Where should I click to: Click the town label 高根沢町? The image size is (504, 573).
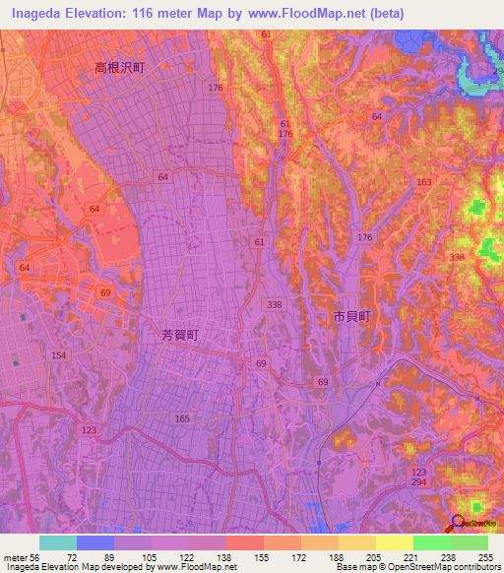point(119,68)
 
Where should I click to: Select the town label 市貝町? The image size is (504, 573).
point(351,316)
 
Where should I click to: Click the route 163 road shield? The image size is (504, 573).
point(423,183)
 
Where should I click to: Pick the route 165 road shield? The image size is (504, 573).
point(181,418)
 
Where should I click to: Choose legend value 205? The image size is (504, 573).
point(375,556)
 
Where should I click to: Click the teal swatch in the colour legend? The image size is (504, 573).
point(58,542)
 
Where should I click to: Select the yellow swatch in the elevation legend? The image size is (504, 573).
point(394,542)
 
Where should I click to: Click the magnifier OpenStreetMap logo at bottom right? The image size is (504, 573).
point(459,523)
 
